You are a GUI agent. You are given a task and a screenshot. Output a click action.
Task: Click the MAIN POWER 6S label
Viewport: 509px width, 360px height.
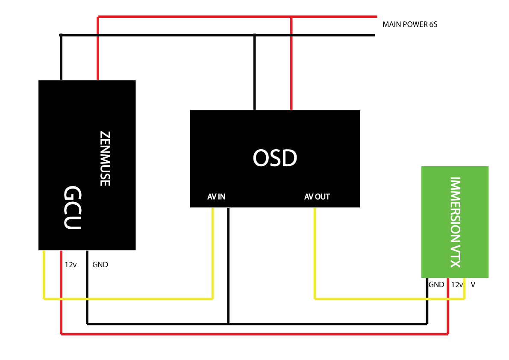409,24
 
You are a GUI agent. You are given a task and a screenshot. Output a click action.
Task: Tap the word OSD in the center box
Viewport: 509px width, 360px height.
274,159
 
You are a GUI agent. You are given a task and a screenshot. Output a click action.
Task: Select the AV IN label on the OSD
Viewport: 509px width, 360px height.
216,197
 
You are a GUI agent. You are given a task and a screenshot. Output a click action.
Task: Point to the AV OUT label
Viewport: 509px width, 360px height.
317,197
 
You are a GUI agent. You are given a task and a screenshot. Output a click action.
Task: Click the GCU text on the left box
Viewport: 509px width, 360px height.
72,208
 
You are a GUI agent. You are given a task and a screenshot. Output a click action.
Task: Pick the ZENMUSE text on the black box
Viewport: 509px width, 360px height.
105,158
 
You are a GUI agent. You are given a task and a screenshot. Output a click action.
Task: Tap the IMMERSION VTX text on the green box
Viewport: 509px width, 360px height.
456,222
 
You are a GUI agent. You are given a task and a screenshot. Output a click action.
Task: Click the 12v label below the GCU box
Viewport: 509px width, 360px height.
71,265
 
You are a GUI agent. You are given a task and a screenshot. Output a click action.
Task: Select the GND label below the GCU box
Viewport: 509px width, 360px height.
100,265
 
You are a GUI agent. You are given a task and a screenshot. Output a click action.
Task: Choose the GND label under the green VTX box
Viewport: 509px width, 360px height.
436,284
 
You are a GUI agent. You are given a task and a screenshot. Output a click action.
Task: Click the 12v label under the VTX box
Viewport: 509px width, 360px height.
457,284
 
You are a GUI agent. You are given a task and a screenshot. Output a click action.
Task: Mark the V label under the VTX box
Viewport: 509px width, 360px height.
473,284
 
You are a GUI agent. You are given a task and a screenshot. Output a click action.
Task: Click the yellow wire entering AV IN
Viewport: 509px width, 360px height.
212,252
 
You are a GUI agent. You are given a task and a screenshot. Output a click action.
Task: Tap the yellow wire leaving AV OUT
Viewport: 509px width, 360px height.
315,252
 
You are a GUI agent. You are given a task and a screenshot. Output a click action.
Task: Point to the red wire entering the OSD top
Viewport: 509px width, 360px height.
291,64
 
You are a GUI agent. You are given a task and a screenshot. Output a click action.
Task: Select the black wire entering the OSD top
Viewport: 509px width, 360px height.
255,73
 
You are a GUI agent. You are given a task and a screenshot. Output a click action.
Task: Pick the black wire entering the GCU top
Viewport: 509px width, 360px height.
61,58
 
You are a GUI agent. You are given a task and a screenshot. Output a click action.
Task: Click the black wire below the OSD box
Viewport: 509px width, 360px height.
229,265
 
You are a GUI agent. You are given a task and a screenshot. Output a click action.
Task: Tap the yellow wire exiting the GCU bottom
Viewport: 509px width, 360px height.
44,274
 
